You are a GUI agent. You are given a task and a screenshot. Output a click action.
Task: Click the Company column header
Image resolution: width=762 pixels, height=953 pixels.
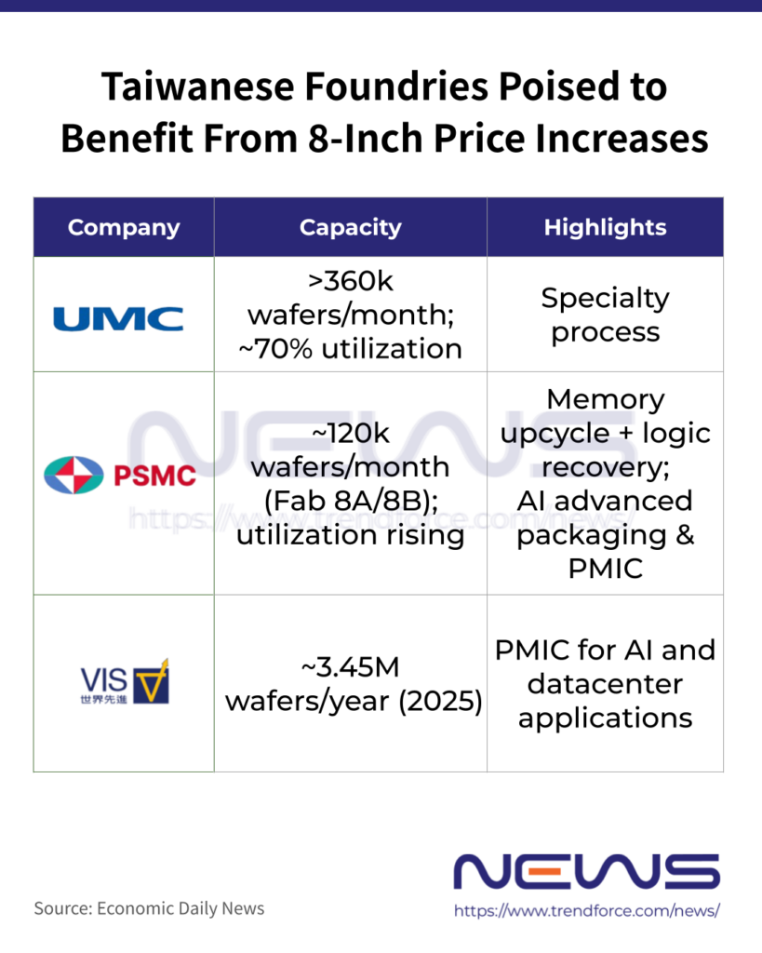(124, 227)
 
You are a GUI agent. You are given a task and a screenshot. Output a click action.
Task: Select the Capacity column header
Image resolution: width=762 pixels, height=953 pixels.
(351, 227)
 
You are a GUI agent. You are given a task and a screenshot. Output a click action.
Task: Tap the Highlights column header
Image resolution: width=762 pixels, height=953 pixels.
(605, 227)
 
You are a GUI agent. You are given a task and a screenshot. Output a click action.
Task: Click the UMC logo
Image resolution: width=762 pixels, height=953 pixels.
(118, 319)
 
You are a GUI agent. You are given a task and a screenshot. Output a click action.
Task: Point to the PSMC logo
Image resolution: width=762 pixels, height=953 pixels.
(120, 476)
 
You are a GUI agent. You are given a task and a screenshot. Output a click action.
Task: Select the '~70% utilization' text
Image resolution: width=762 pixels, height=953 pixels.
(351, 349)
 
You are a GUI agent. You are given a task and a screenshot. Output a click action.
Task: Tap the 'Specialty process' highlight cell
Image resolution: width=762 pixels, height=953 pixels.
(605, 315)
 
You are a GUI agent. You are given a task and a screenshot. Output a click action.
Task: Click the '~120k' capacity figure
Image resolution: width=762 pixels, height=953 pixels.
(351, 432)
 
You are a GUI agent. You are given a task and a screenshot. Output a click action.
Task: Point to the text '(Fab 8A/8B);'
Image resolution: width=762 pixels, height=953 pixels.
(350, 502)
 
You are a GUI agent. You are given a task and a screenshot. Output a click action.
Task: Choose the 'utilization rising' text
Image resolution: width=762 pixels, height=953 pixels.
(350, 536)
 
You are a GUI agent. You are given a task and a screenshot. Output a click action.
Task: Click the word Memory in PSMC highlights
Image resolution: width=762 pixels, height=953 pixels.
(605, 399)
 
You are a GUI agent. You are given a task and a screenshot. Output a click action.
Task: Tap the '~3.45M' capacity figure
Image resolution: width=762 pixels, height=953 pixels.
(351, 666)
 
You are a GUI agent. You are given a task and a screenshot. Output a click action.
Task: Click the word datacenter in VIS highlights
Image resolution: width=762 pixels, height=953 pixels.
(605, 684)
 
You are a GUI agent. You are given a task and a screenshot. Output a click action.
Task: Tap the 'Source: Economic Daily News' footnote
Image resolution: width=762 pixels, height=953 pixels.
(149, 908)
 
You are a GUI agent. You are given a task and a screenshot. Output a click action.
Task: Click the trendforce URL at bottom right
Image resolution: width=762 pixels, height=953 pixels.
(586, 911)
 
